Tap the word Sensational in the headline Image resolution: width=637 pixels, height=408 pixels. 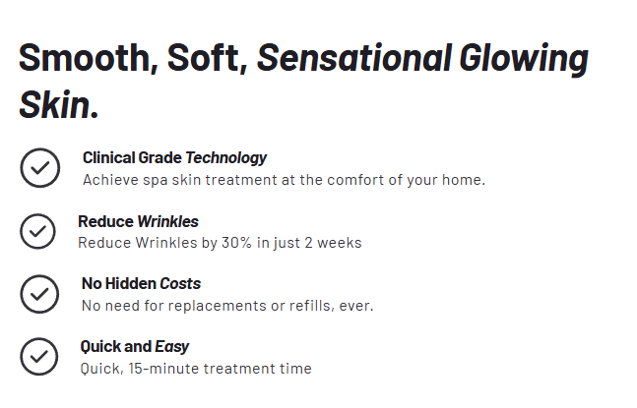[354, 58]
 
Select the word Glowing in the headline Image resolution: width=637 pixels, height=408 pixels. [524, 60]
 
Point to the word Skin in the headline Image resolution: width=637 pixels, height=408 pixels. [54, 104]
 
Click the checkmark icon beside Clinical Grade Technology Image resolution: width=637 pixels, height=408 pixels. [40, 167]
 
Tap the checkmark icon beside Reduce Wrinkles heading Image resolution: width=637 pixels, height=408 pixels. [37, 231]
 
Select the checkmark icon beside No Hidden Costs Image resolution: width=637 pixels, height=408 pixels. [39, 294]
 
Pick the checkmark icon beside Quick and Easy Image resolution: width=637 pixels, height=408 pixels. [39, 357]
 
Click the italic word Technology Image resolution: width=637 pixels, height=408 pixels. [226, 158]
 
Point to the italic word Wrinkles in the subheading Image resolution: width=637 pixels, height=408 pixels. [167, 221]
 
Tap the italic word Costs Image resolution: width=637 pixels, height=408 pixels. [180, 283]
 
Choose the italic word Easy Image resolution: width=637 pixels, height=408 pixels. [172, 347]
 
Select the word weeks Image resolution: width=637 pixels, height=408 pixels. [340, 243]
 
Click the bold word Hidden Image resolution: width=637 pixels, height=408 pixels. [130, 283]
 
